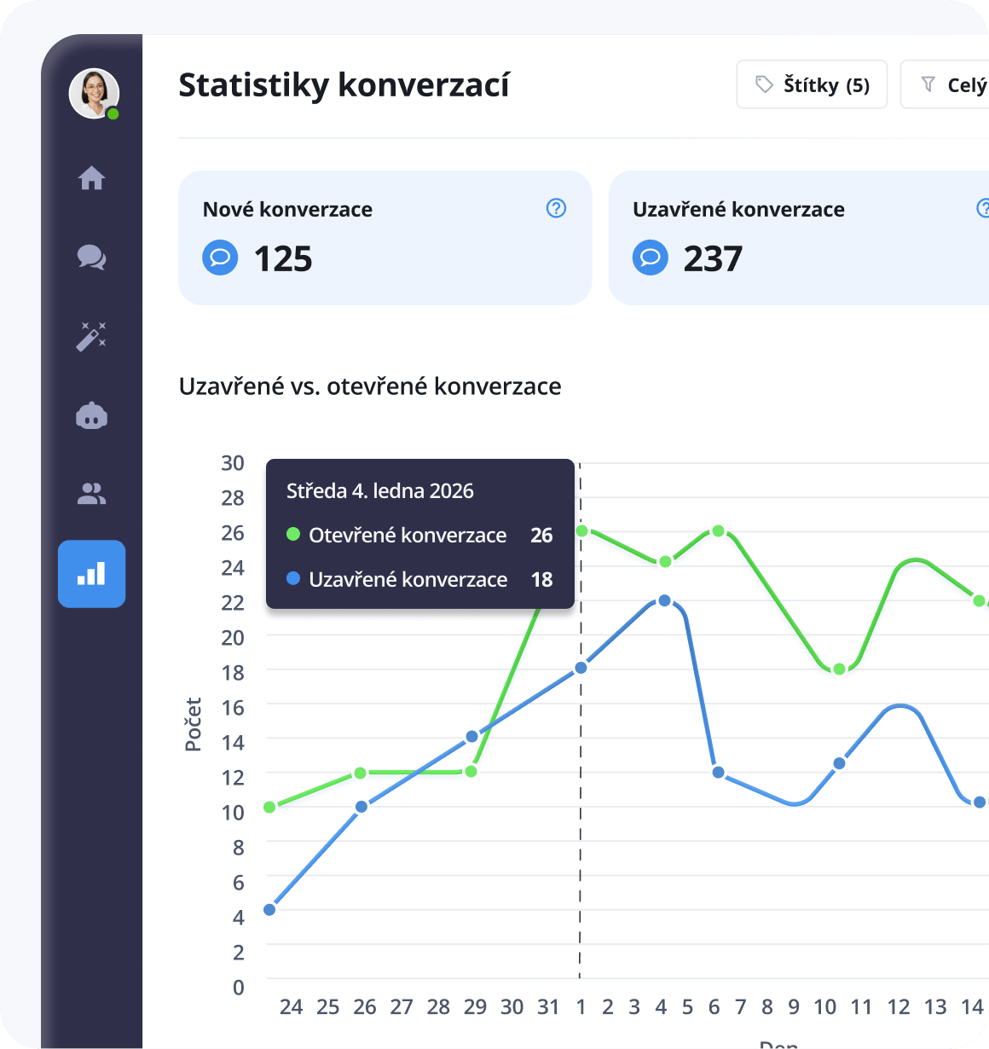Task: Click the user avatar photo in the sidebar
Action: point(93,93)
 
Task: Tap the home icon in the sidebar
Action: point(91,178)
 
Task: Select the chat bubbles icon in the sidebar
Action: point(91,257)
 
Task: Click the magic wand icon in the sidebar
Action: point(91,336)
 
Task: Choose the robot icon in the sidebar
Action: point(91,415)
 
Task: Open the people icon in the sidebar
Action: point(91,494)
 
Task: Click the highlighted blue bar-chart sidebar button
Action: point(91,574)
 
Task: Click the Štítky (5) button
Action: point(812,84)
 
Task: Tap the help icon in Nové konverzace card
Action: point(556,208)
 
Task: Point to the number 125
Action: point(283,258)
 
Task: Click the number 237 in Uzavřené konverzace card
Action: point(713,258)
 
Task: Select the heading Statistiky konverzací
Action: point(344,85)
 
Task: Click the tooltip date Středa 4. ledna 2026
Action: point(379,491)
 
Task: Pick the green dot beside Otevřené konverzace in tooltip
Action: point(293,535)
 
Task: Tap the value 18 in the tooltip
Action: point(541,580)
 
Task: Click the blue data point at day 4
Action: point(664,601)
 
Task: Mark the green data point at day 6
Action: point(718,531)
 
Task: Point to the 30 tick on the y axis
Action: point(233,463)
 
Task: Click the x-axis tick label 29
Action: point(475,1007)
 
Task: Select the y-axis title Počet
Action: point(194,724)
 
